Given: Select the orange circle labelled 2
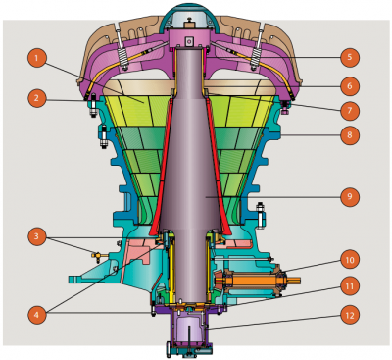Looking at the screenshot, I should click(x=34, y=98).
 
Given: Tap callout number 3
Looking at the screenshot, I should click(x=34, y=236).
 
